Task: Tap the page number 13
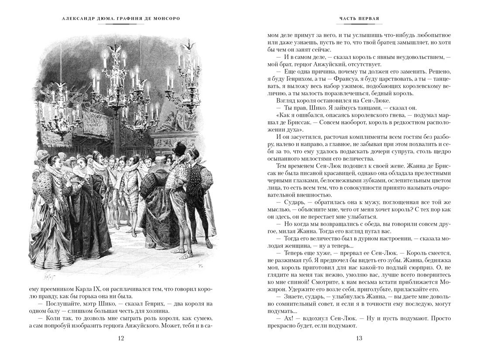[359, 338]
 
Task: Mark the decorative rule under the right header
[359, 25]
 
